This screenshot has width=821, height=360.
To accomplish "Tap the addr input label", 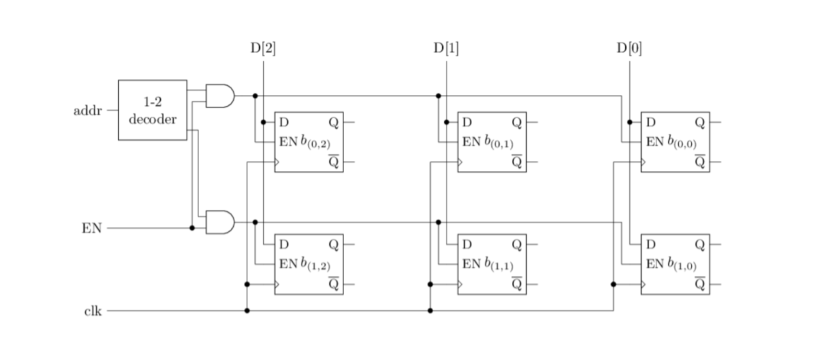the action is point(88,111).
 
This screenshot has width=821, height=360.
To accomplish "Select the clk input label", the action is point(93,311).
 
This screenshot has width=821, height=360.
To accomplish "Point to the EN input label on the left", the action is point(92,228).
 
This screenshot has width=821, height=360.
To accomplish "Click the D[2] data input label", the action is point(263,48).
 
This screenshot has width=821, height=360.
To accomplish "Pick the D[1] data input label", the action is point(446,48).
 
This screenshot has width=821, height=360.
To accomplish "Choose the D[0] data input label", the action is point(630,48).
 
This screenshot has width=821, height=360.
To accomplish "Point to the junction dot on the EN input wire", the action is point(192,228).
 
